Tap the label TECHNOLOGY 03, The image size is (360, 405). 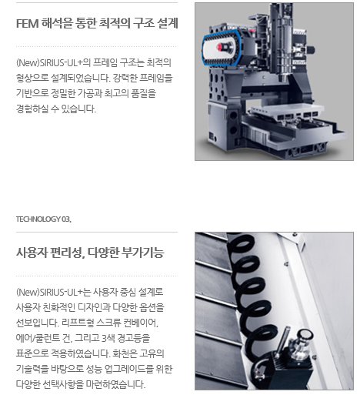(44, 219)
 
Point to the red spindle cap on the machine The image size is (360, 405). (220, 47)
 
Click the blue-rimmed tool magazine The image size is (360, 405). (222, 47)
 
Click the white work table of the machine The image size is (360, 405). (286, 112)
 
